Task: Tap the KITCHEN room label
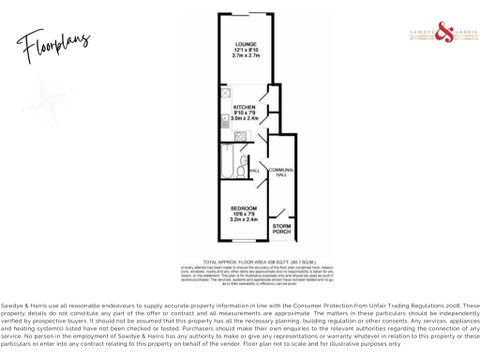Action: coord(244,107)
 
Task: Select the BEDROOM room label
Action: coord(243,208)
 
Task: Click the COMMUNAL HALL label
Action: coord(281,172)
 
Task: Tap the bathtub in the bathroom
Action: coord(226,161)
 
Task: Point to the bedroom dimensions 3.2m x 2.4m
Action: coord(243,220)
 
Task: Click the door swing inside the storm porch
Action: coord(280,214)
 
